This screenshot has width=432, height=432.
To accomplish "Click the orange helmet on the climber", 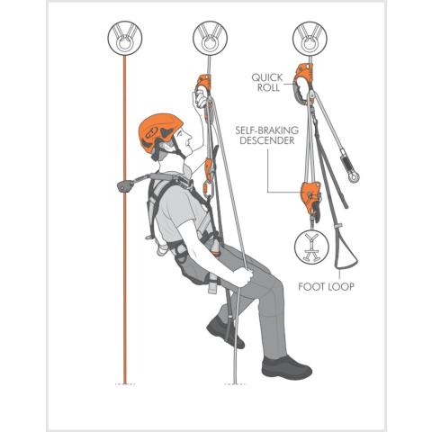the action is click(x=159, y=132).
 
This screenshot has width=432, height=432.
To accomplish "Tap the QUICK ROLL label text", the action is click(x=266, y=83).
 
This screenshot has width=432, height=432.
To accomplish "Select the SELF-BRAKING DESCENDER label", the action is click(x=266, y=135).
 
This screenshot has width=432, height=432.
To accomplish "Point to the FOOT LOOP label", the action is click(x=326, y=287).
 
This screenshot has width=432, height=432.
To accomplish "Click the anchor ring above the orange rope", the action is click(x=125, y=38).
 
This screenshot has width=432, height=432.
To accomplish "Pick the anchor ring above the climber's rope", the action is click(x=210, y=38).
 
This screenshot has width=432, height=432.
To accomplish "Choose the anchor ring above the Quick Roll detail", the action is click(x=310, y=38).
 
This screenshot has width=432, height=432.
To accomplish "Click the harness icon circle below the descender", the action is click(x=311, y=247).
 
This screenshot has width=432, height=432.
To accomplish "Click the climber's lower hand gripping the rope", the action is click(x=242, y=277).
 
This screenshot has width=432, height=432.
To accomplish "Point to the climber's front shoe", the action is click(x=286, y=368).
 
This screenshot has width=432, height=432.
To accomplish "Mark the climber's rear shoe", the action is click(x=225, y=333).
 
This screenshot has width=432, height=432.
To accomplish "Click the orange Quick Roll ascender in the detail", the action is click(x=303, y=84).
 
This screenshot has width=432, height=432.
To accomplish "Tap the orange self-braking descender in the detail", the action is click(x=311, y=196).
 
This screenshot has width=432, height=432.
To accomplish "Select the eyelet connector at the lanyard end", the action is click(x=354, y=177).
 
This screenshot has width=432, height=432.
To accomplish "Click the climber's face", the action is click(x=186, y=140).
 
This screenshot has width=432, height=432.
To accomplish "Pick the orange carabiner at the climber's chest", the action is click(x=210, y=189).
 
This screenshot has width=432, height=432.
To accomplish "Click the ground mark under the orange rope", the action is click(x=125, y=383).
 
